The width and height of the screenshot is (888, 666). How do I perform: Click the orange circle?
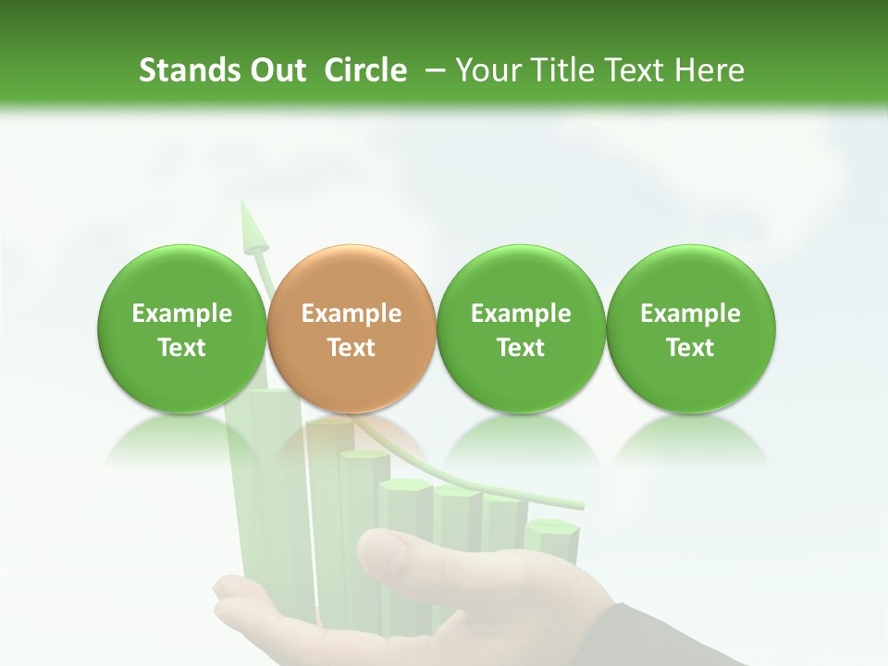click(351, 329)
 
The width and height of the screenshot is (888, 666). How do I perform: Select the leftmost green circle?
click(182, 329)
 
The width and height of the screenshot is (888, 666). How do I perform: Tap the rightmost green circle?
click(690, 329)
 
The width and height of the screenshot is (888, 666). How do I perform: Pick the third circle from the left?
click(521, 329)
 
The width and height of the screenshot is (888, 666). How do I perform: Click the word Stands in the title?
click(183, 70)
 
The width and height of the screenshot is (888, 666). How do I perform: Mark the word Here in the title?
click(710, 70)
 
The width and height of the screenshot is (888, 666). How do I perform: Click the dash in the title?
click(431, 70)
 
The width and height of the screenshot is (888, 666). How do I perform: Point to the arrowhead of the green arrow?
click(251, 227)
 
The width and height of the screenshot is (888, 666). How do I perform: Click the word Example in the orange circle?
click(351, 314)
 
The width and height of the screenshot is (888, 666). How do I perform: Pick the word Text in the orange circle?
click(351, 348)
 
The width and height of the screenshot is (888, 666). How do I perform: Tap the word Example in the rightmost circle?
click(690, 314)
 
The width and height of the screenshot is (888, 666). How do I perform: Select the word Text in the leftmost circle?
click(182, 348)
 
